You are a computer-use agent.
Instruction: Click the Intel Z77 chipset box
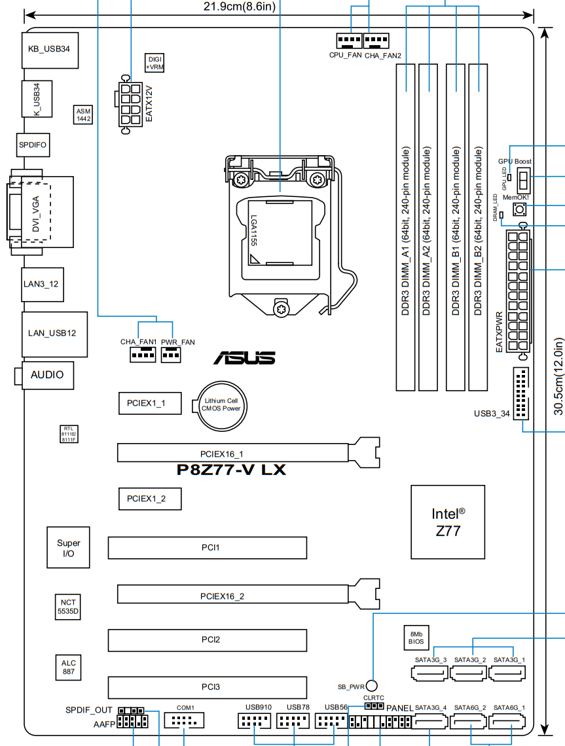(x=448, y=522)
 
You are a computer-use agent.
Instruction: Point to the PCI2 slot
(x=208, y=639)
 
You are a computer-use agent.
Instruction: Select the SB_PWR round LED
(x=372, y=686)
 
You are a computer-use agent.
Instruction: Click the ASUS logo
(x=244, y=358)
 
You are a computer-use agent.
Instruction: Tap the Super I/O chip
(x=68, y=548)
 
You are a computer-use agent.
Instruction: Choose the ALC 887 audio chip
(x=68, y=667)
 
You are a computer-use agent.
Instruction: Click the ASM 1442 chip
(x=83, y=115)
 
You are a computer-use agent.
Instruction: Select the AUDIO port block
(x=47, y=375)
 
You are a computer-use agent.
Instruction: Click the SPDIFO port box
(x=33, y=144)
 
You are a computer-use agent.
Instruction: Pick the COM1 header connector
(x=185, y=721)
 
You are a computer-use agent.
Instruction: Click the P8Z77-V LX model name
(x=232, y=469)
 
